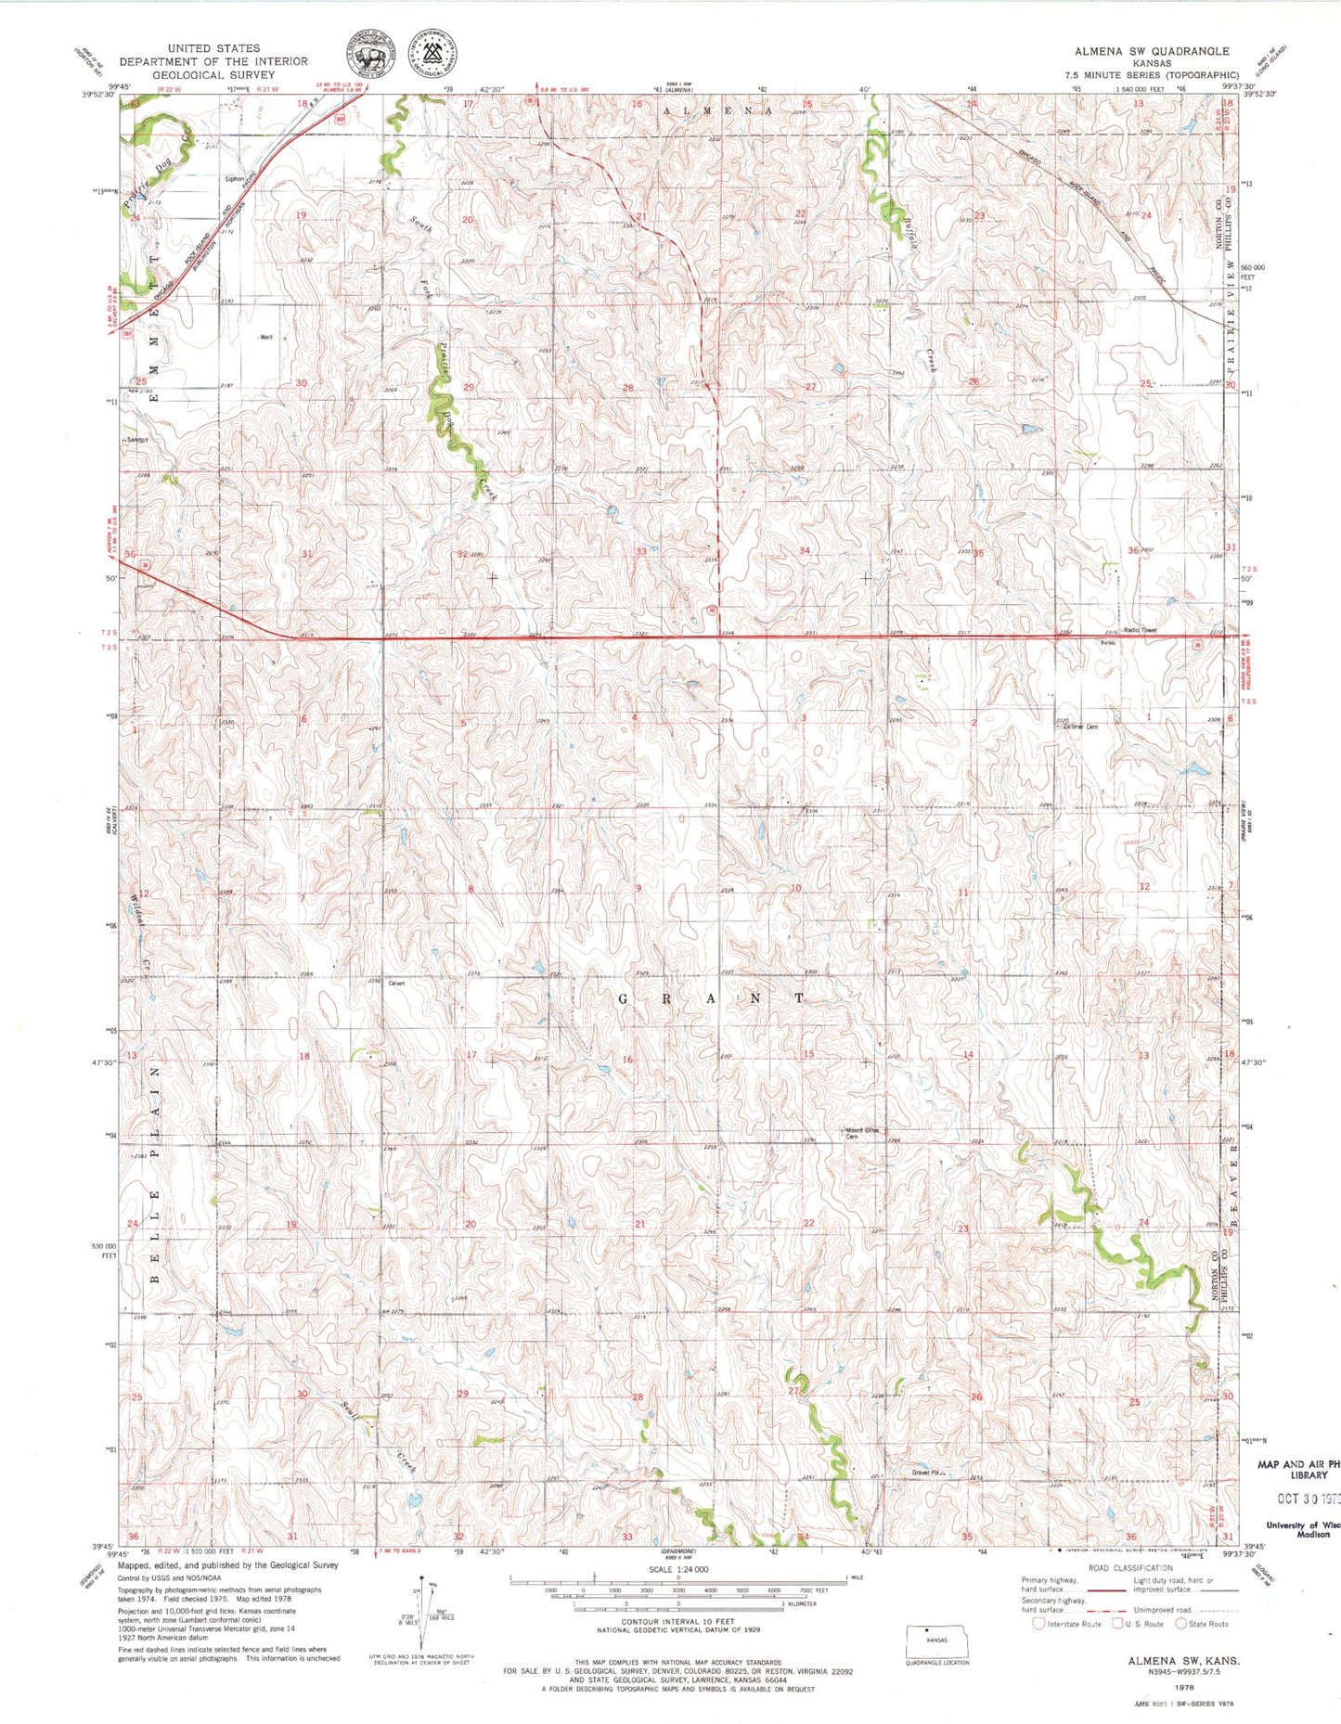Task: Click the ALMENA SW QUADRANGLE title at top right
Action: tap(1152, 51)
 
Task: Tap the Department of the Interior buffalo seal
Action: tap(369, 52)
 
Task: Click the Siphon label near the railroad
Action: tap(234, 179)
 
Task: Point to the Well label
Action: tap(267, 338)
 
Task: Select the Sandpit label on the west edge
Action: tap(137, 440)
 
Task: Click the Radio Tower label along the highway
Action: tap(1141, 630)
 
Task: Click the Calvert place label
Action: tap(397, 984)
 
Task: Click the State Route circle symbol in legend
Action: tap(1181, 1624)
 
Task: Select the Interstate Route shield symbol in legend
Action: tap(1038, 1624)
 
